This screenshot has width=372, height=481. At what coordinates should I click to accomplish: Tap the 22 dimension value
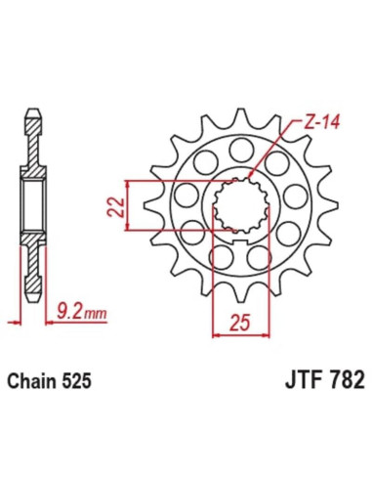point(114,205)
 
